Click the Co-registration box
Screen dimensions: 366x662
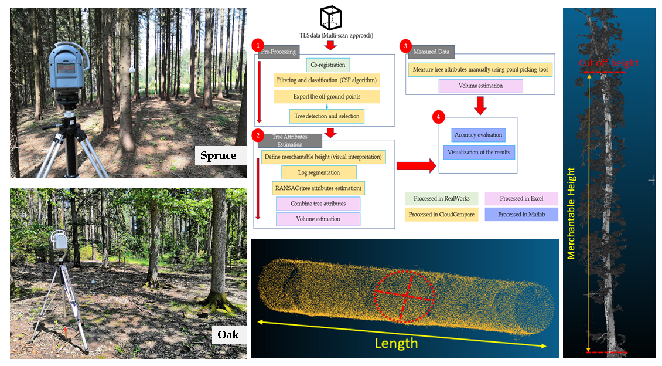327,65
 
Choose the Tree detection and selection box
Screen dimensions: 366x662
327,116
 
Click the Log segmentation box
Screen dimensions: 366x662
319,172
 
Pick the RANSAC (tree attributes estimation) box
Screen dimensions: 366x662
319,188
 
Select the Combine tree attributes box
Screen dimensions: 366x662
318,204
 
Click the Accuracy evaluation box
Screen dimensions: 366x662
478,135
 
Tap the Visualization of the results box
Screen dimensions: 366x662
479,152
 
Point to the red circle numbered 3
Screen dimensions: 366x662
405,46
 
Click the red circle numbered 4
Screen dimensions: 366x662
438,117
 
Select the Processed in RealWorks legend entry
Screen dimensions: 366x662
441,199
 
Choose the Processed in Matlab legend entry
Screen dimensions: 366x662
521,215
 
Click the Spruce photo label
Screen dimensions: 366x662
218,156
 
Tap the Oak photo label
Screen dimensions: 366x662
228,335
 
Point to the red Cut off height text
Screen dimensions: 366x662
608,63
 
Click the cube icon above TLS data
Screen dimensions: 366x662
330,18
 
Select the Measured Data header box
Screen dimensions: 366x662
431,52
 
